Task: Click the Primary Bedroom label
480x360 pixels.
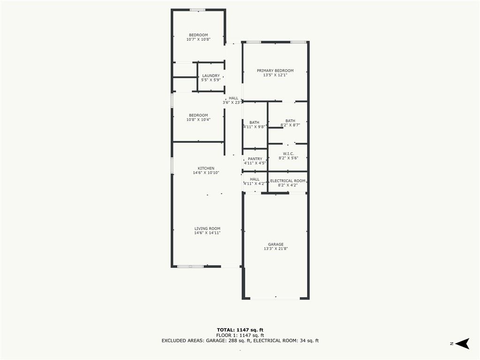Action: point(275,71)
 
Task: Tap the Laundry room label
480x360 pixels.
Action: point(211,75)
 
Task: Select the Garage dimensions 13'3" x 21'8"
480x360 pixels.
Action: point(276,249)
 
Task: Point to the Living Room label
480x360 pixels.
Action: point(207,229)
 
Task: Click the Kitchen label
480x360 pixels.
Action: point(206,168)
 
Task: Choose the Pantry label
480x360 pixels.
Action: point(255,159)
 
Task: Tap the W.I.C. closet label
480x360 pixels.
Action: point(288,154)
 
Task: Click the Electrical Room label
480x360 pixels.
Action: point(288,181)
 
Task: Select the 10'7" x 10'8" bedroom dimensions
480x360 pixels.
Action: point(198,39)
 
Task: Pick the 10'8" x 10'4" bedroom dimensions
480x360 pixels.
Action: point(198,120)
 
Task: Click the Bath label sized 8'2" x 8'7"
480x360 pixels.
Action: point(290,121)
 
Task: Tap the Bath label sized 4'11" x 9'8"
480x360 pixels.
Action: point(254,122)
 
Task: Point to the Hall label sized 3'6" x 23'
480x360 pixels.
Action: point(233,98)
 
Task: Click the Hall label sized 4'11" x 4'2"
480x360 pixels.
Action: point(255,180)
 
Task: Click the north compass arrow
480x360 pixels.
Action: point(462,344)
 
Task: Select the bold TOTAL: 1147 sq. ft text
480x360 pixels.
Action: point(240,330)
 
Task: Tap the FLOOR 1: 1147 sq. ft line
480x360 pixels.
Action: point(240,335)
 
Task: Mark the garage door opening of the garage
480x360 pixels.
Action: point(275,298)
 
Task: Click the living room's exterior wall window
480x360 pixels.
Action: point(190,266)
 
